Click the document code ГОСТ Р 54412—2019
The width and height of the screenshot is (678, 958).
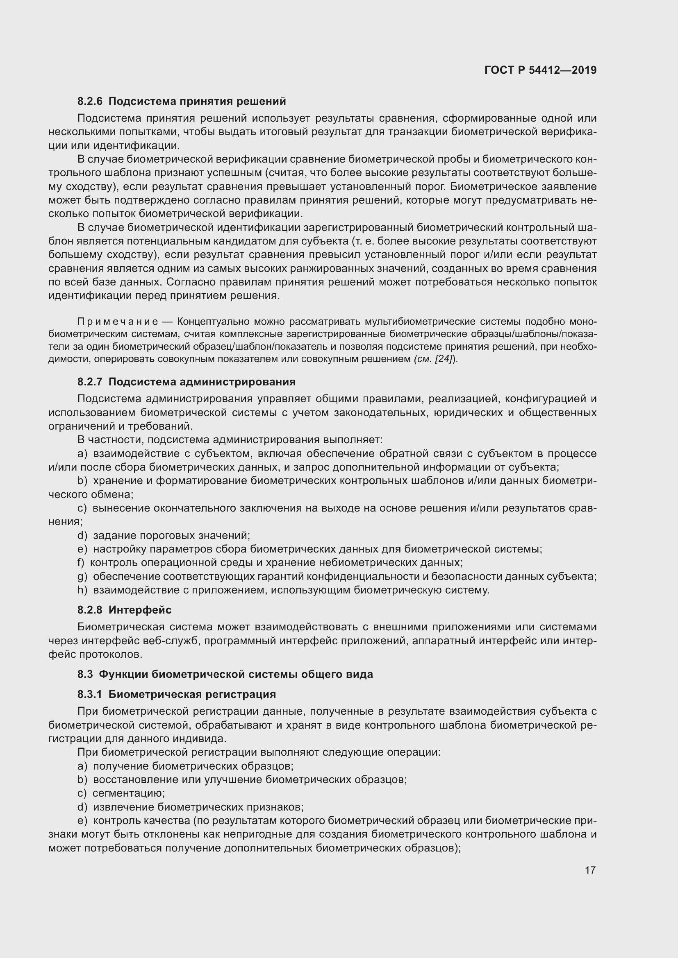[540, 70]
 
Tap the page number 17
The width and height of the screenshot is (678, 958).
[590, 870]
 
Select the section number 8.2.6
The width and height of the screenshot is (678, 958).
[90, 101]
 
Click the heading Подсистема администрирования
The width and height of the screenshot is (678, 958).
[202, 382]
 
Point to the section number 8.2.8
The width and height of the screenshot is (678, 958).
[90, 610]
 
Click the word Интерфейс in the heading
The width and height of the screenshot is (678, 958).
[140, 610]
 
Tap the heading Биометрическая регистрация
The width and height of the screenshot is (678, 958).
[192, 694]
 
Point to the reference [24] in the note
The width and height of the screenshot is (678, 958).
[444, 359]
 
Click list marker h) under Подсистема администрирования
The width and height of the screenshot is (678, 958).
[82, 590]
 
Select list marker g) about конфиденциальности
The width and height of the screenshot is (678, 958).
[82, 576]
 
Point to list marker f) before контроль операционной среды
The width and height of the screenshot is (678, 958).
[81, 562]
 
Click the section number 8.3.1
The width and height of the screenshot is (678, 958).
[90, 694]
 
